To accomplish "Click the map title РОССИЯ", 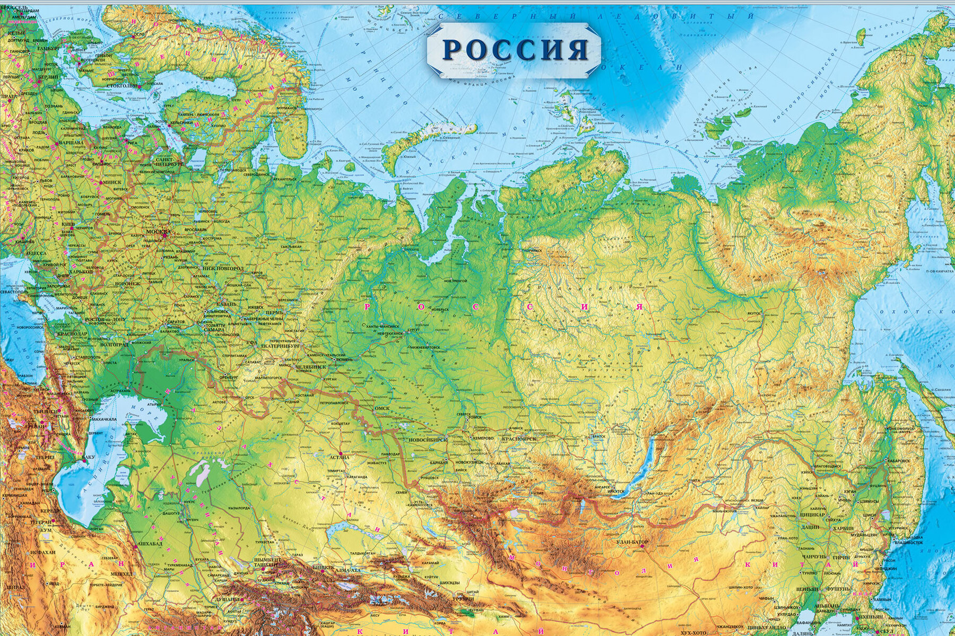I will point(515,49).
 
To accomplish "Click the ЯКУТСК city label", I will point(754,313).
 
